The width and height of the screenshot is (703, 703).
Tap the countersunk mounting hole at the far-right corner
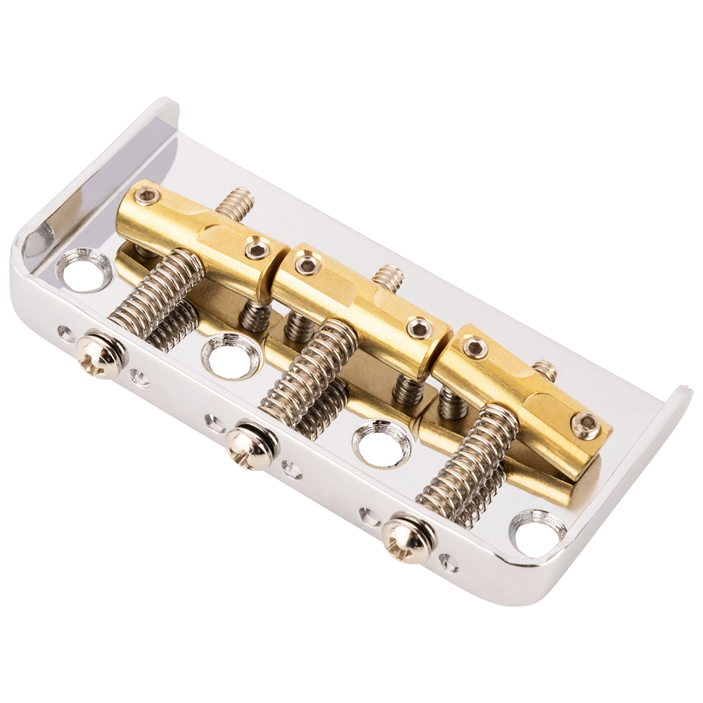[x=537, y=533]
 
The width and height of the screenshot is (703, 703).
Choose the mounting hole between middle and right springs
[x=382, y=443]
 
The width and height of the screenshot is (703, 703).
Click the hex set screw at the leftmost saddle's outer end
[x=147, y=197]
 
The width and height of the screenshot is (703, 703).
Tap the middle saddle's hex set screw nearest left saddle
[x=308, y=264]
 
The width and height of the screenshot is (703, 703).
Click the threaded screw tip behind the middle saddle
[x=388, y=278]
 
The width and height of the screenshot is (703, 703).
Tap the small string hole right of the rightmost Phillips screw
[x=447, y=562]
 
